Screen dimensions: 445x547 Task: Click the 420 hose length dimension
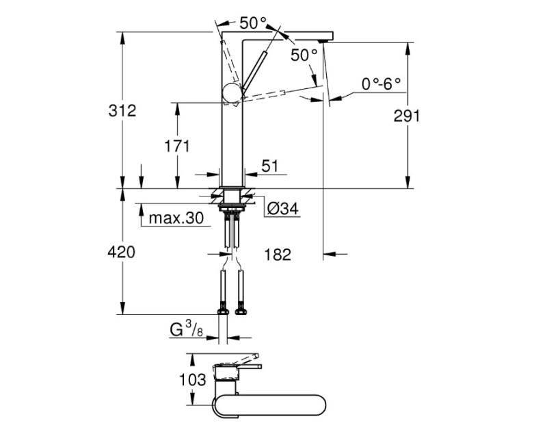122,252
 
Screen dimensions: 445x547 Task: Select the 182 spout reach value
277,255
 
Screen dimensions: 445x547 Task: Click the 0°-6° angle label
381,84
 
